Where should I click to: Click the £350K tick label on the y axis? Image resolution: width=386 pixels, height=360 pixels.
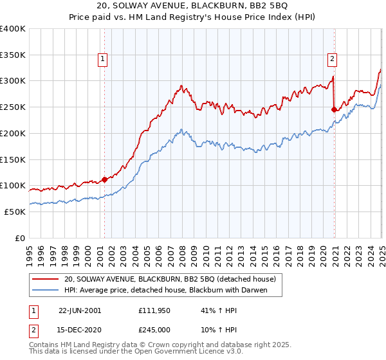click(13, 55)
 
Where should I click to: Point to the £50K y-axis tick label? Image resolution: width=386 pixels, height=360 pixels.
click(15, 212)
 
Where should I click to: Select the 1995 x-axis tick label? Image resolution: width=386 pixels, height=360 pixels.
click(30, 251)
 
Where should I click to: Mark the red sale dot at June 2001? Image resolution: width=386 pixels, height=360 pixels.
click(104, 180)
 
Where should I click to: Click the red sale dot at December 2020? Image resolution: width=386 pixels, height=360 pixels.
click(334, 109)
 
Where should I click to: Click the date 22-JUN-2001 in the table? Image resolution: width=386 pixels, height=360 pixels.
click(79, 310)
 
